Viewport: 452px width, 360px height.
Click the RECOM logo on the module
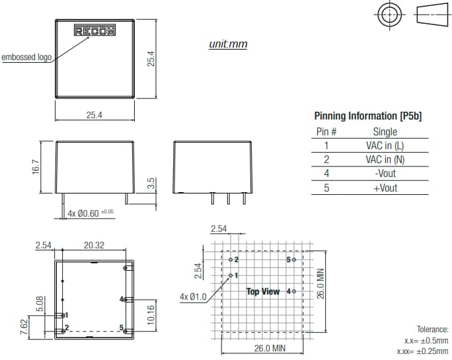pos(94,31)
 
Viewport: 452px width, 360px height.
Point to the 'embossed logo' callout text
pos(26,57)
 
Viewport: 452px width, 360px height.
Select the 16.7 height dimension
pos(37,167)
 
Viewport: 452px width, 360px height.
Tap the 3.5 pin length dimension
pos(151,183)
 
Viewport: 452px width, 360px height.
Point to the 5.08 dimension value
pos(40,304)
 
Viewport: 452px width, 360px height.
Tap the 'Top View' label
pos(262,291)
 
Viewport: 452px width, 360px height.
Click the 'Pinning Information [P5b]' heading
pos(367,116)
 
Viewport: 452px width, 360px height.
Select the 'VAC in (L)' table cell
pos(385,146)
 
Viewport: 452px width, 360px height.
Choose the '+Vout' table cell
pos(385,188)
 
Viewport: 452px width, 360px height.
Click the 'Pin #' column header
pos(326,132)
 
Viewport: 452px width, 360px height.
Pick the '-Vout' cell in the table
pos(385,174)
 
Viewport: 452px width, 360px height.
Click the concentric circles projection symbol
pos(389,15)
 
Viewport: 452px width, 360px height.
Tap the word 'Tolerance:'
pos(432,329)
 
